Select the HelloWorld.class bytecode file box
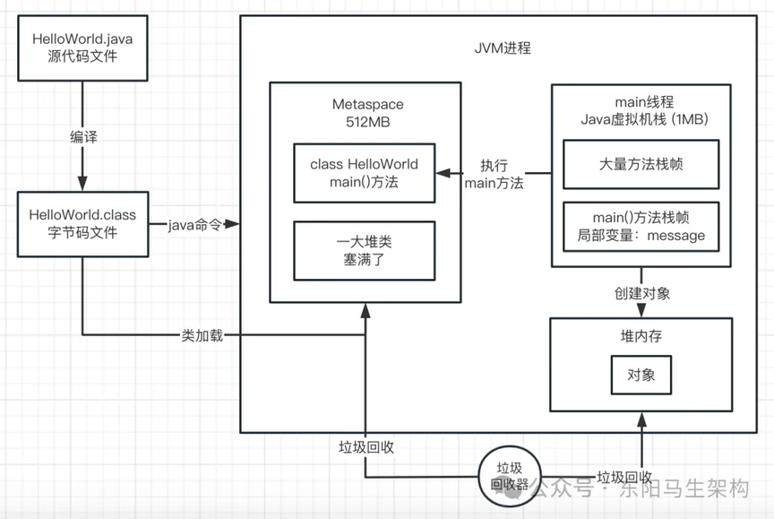click(82, 224)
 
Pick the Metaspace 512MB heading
click(365, 114)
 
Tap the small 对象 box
click(640, 374)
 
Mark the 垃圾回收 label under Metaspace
click(366, 446)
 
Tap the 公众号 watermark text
click(568, 489)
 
